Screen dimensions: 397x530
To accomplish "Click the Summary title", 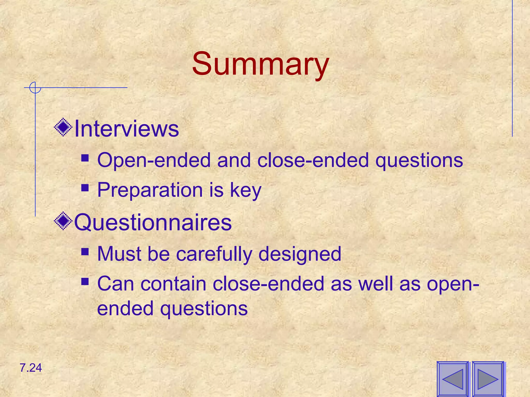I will tap(260, 64).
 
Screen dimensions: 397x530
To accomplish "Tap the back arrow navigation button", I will tap(453, 379).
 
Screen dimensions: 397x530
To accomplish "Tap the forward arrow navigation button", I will tap(488, 379).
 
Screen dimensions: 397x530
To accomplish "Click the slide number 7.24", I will tap(31, 368).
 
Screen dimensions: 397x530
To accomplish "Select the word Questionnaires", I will tap(153, 223).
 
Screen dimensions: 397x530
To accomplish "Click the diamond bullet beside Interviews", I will tap(63, 127).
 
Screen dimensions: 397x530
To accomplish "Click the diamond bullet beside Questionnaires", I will tap(63, 221).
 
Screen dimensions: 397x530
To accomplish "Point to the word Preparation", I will tap(150, 190).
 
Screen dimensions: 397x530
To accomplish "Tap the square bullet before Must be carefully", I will tap(85, 251).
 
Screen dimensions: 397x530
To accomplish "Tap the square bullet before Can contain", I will tap(85, 281).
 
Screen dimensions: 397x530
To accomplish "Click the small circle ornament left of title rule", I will tap(35, 88).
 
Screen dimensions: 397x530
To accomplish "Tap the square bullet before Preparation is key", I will tap(85, 187).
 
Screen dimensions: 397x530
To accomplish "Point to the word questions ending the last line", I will tap(204, 309).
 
